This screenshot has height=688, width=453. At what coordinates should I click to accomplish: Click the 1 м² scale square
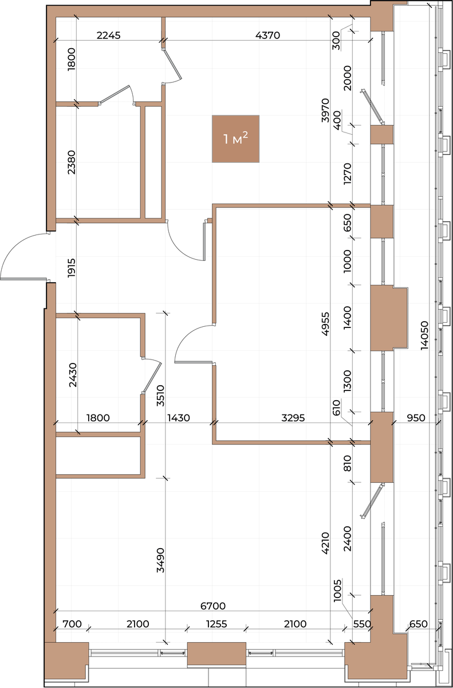pyautogui.click(x=235, y=139)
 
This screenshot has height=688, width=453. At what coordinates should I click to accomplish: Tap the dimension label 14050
pyautogui.click(x=424, y=335)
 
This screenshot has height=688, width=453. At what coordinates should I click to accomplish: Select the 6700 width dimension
pyautogui.click(x=213, y=606)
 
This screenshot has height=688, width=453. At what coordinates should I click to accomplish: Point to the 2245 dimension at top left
pyautogui.click(x=109, y=36)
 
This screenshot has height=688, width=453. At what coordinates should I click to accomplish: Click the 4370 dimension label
pyautogui.click(x=268, y=36)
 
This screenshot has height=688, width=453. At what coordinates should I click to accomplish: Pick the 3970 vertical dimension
pyautogui.click(x=325, y=110)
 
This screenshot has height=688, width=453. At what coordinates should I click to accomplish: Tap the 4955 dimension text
pyautogui.click(x=325, y=324)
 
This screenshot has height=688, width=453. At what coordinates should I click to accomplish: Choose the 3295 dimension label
pyautogui.click(x=293, y=418)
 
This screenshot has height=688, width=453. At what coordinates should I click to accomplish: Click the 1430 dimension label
pyautogui.click(x=179, y=418)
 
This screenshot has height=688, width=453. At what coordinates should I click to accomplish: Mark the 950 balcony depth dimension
pyautogui.click(x=416, y=418)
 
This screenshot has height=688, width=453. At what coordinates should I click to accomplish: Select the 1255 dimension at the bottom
pyautogui.click(x=216, y=624)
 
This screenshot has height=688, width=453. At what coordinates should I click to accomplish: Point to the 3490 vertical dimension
pyautogui.click(x=160, y=560)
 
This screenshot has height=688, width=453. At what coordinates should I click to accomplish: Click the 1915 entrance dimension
pyautogui.click(x=71, y=268)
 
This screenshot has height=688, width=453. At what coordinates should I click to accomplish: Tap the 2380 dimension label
pyautogui.click(x=71, y=162)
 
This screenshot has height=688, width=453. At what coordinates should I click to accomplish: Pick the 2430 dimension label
pyautogui.click(x=73, y=375)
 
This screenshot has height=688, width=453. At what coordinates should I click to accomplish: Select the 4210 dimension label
pyautogui.click(x=325, y=543)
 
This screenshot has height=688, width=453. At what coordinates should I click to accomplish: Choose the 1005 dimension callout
pyautogui.click(x=337, y=591)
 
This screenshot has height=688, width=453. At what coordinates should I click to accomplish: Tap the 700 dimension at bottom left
pyautogui.click(x=72, y=624)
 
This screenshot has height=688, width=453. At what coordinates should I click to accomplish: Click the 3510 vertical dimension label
pyautogui.click(x=160, y=396)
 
